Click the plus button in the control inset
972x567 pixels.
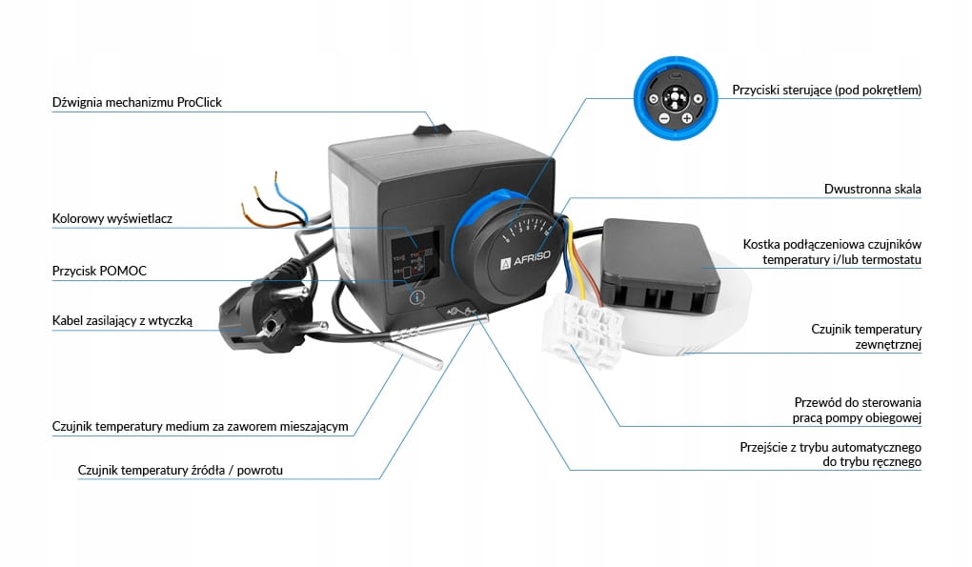tap(686, 119)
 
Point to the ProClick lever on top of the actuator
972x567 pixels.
tap(433, 124)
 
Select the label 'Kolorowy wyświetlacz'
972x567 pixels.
tap(112, 219)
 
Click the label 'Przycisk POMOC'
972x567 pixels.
tap(99, 271)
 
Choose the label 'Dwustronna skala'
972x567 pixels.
tap(872, 190)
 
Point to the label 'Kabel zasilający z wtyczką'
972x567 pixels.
tap(122, 321)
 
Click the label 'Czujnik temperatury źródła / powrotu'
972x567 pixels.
tap(180, 470)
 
